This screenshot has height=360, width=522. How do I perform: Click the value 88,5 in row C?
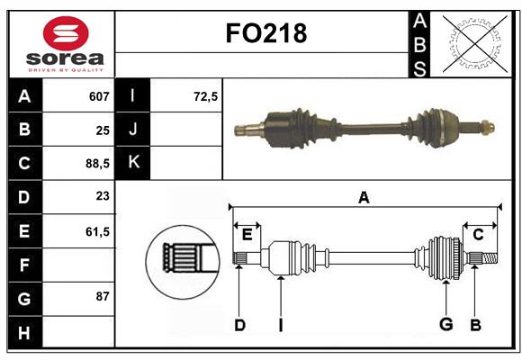(x=96, y=164)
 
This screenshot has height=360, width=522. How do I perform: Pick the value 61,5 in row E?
(x=96, y=231)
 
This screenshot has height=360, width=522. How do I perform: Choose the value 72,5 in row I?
(x=206, y=96)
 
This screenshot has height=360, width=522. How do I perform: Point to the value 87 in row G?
(x=102, y=297)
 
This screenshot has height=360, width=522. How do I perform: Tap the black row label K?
(x=133, y=163)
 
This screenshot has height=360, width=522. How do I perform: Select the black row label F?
(x=24, y=265)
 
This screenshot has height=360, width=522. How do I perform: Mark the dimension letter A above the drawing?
(x=364, y=197)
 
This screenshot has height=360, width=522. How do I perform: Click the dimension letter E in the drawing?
(x=247, y=235)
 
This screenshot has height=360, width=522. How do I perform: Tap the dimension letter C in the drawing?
(x=479, y=234)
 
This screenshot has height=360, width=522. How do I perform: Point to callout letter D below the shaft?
(x=239, y=325)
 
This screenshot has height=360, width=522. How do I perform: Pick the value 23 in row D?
(x=102, y=197)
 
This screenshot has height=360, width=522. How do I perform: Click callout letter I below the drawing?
(x=280, y=325)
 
